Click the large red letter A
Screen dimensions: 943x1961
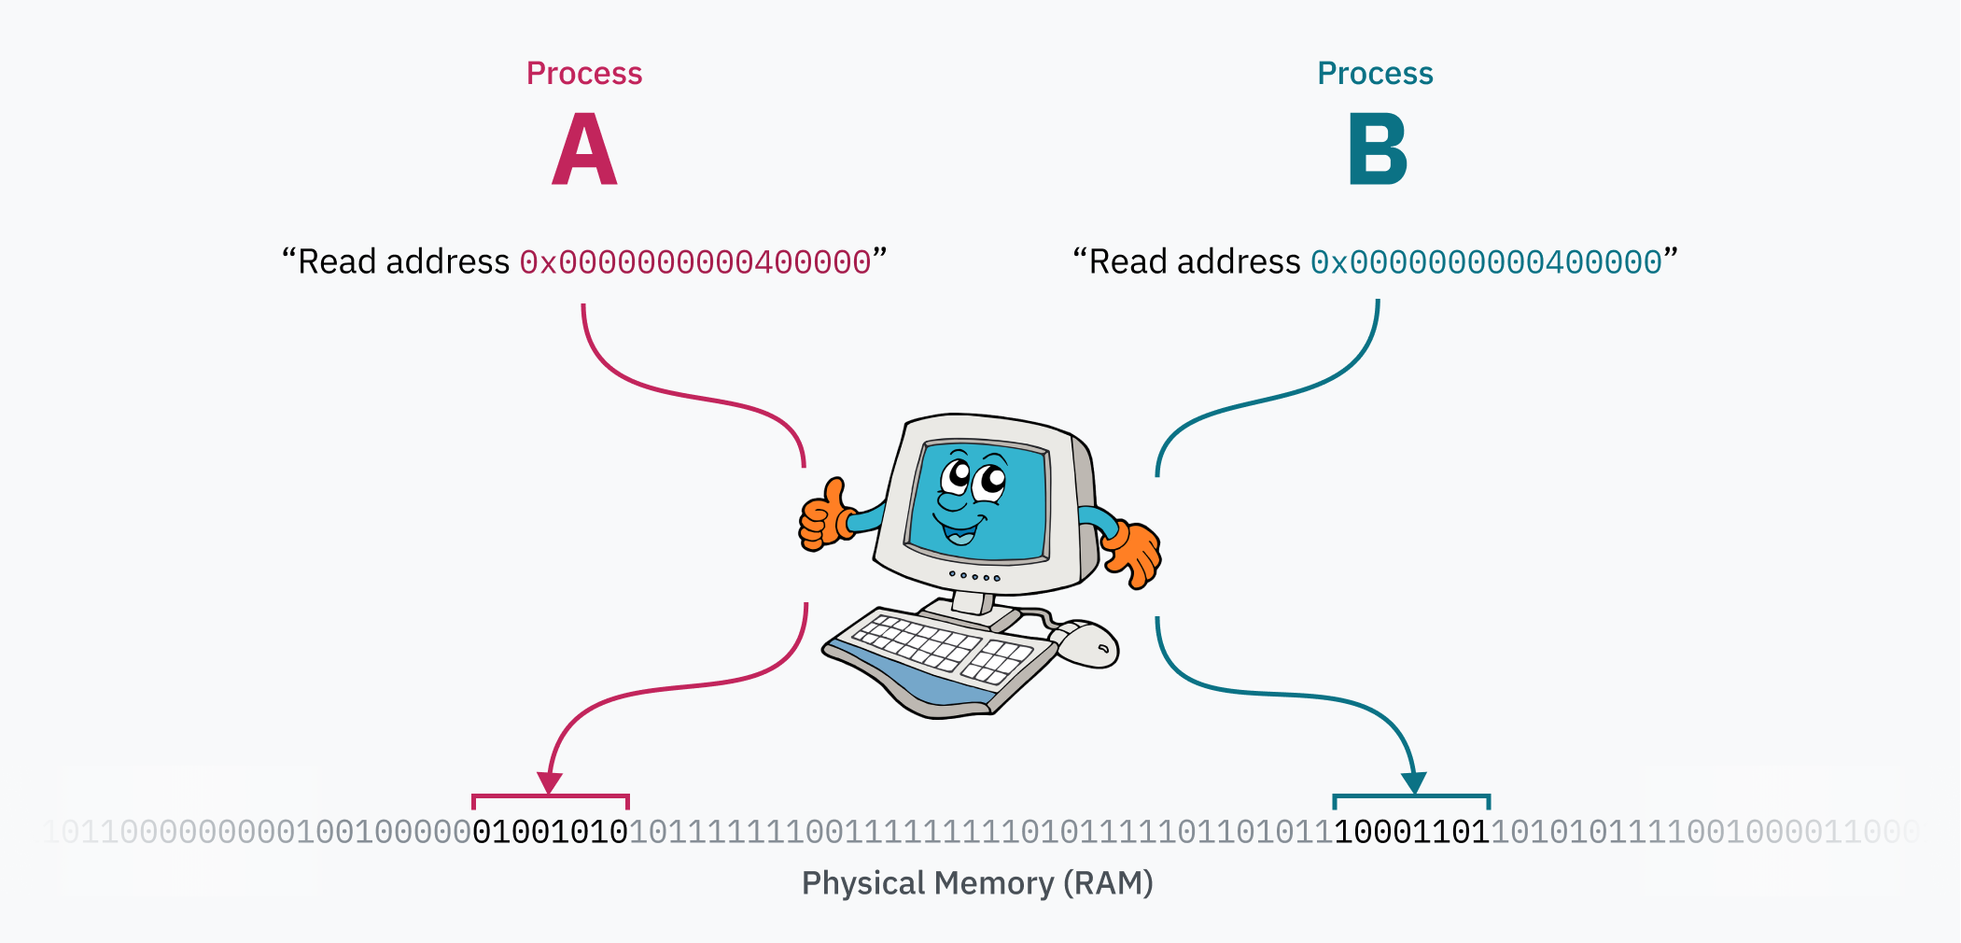[x=584, y=149]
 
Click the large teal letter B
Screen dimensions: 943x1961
[x=1377, y=149]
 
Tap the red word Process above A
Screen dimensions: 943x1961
[x=584, y=74]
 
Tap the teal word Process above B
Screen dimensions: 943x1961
[x=1375, y=74]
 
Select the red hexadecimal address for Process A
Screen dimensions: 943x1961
[x=695, y=262]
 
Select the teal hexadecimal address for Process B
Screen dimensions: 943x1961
[x=1486, y=262]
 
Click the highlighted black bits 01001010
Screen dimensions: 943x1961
[x=551, y=832]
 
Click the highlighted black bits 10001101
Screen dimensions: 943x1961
[x=1411, y=832]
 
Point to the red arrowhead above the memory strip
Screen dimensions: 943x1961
[x=550, y=782]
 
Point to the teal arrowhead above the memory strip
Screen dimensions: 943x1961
[x=1414, y=782]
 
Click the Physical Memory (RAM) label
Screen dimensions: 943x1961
[x=977, y=883]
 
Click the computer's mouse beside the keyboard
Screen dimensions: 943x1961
[x=1086, y=644]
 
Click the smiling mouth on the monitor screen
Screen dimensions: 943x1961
[x=959, y=532]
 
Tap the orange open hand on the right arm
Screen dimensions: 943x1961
[x=1134, y=553]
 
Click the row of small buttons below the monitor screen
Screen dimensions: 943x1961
[x=973, y=576]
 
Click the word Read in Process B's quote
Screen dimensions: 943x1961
[x=1128, y=262]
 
